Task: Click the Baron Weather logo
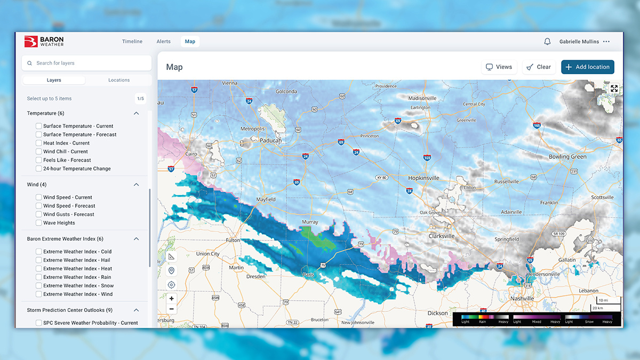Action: [44, 42]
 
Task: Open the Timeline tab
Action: [132, 42]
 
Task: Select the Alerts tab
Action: [164, 42]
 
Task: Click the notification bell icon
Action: [547, 42]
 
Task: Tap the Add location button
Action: [587, 67]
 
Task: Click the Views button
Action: [499, 67]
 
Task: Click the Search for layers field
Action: [87, 63]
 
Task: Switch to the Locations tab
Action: [119, 80]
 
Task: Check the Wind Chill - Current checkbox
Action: [39, 151]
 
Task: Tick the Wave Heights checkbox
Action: [39, 223]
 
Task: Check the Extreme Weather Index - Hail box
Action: [39, 260]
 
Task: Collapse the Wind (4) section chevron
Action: [137, 185]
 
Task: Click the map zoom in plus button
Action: [171, 299]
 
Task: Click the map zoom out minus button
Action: [171, 309]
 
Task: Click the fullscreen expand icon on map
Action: [614, 89]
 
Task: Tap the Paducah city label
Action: [270, 141]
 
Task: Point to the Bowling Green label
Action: [567, 157]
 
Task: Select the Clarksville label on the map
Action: [442, 236]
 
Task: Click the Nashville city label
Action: [522, 299]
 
